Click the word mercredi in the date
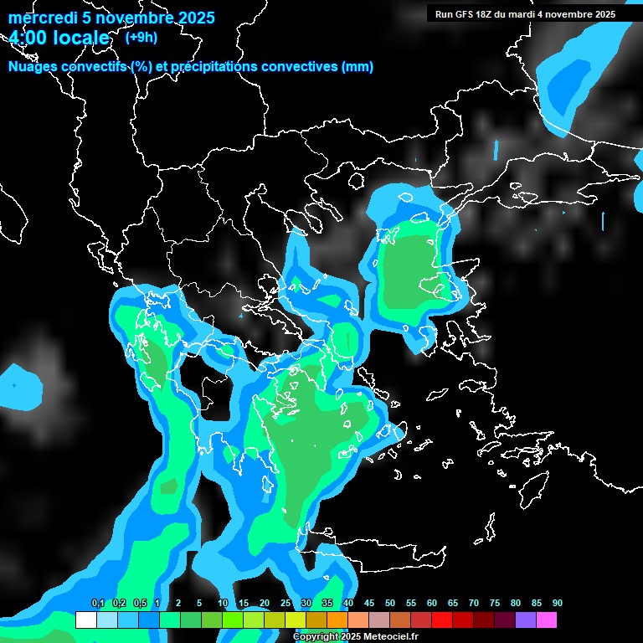[39, 18]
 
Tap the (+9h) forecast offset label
[139, 37]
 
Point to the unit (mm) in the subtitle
[358, 67]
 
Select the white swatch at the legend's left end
[85, 620]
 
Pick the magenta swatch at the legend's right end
[546, 620]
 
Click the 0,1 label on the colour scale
[98, 604]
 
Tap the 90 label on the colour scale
[557, 604]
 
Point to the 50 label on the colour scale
[390, 604]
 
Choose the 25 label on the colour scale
[285, 604]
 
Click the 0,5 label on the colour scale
[139, 604]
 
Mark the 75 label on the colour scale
[494, 604]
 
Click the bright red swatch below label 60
[441, 620]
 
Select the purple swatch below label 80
[525, 620]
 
